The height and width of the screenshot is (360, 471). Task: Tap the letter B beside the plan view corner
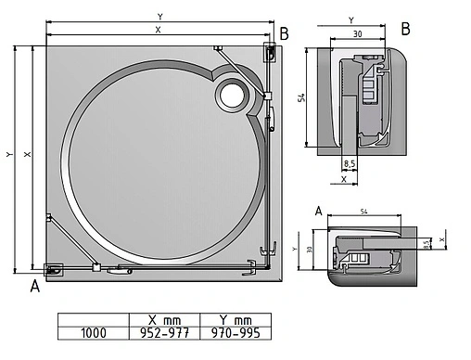[285, 34]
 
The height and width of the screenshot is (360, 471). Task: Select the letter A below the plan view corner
[35, 286]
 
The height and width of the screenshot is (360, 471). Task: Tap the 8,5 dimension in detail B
[350, 163]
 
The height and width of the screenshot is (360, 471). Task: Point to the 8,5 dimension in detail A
[426, 244]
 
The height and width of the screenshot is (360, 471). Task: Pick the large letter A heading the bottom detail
[318, 211]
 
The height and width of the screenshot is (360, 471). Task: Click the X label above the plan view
[158, 30]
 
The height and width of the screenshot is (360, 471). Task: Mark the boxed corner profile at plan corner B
[269, 52]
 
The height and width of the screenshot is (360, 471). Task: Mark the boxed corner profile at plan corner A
[52, 269]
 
